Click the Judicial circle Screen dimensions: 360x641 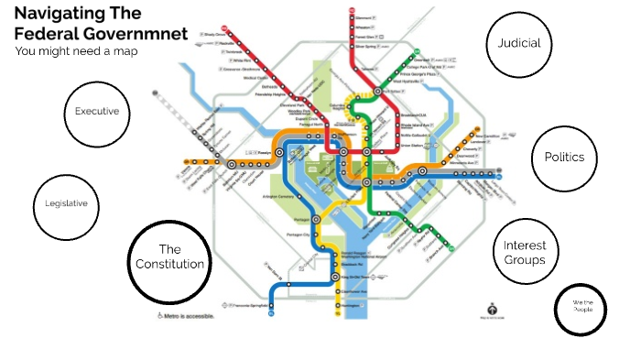pyautogui.click(x=519, y=43)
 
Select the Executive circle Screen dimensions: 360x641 pyautogui.click(x=96, y=112)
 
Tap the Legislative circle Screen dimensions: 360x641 pyautogui.click(x=66, y=203)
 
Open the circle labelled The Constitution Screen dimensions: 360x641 pyautogui.click(x=169, y=256)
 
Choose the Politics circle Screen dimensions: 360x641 pyautogui.click(x=563, y=157)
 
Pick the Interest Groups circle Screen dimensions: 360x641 pyautogui.click(x=524, y=252)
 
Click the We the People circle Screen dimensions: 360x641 pyautogui.click(x=582, y=308)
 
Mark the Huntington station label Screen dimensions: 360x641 pyautogui.click(x=353, y=306)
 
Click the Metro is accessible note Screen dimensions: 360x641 pyautogui.click(x=188, y=315)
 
